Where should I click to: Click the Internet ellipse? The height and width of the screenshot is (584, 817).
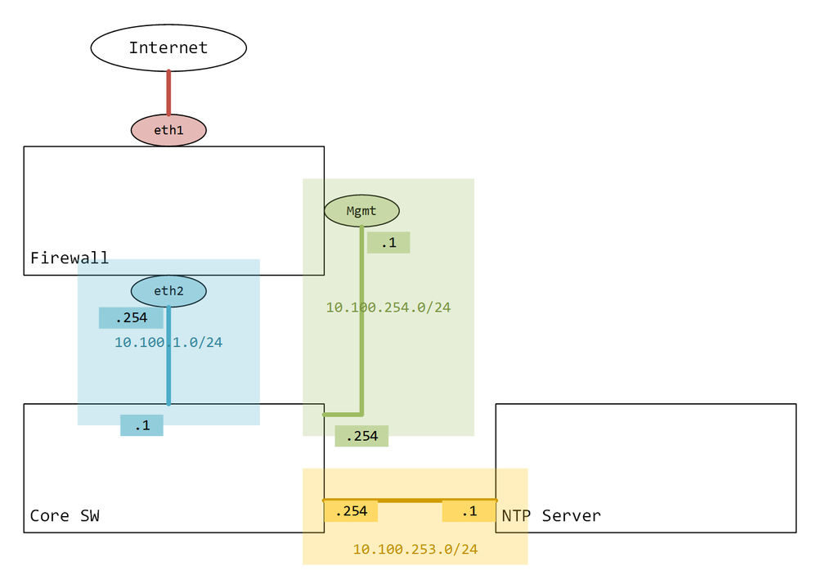click(168, 47)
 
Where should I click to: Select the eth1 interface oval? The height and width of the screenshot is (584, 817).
click(168, 130)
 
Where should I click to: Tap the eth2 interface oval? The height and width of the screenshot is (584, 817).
click(168, 290)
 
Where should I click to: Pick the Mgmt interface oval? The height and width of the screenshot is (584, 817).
click(361, 211)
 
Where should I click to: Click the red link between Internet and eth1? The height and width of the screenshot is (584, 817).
click(168, 92)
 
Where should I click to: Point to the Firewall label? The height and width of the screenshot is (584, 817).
click(70, 258)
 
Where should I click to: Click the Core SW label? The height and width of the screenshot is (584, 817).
click(65, 515)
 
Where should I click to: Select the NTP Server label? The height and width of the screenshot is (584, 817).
click(551, 515)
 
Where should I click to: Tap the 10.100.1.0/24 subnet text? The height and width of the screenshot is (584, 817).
click(168, 342)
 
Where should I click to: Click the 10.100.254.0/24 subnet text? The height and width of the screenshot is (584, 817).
click(388, 308)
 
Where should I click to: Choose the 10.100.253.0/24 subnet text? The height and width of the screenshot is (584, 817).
click(415, 550)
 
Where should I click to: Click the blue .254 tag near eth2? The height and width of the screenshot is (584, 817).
click(131, 317)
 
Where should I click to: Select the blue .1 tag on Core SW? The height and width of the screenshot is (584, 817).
click(141, 425)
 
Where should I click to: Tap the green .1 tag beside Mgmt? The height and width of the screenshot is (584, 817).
click(388, 242)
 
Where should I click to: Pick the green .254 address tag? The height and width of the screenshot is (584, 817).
click(361, 436)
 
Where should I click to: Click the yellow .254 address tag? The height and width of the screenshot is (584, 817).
click(351, 511)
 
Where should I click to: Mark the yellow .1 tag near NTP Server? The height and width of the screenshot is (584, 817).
click(469, 511)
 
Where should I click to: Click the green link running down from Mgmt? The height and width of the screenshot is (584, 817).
click(361, 344)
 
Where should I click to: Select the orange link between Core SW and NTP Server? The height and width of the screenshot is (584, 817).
click(410, 499)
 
